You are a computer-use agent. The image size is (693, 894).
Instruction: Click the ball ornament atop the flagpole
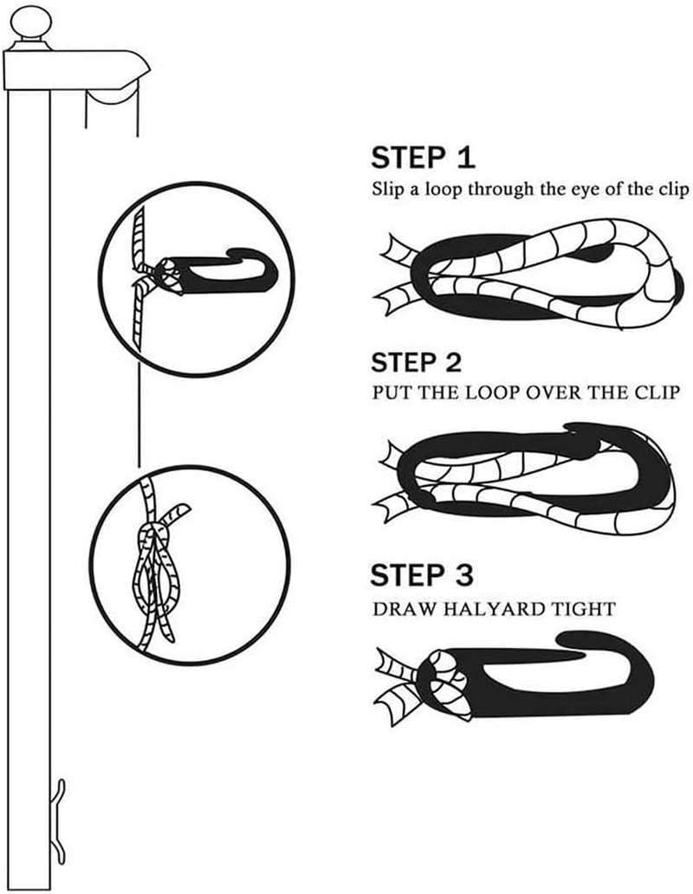click(x=31, y=22)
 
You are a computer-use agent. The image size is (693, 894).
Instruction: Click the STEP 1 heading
click(x=423, y=158)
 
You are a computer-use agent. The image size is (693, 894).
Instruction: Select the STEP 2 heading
click(x=416, y=363)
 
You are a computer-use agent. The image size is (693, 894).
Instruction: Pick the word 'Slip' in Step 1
click(x=387, y=190)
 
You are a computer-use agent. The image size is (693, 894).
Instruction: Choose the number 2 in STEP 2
click(x=452, y=363)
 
